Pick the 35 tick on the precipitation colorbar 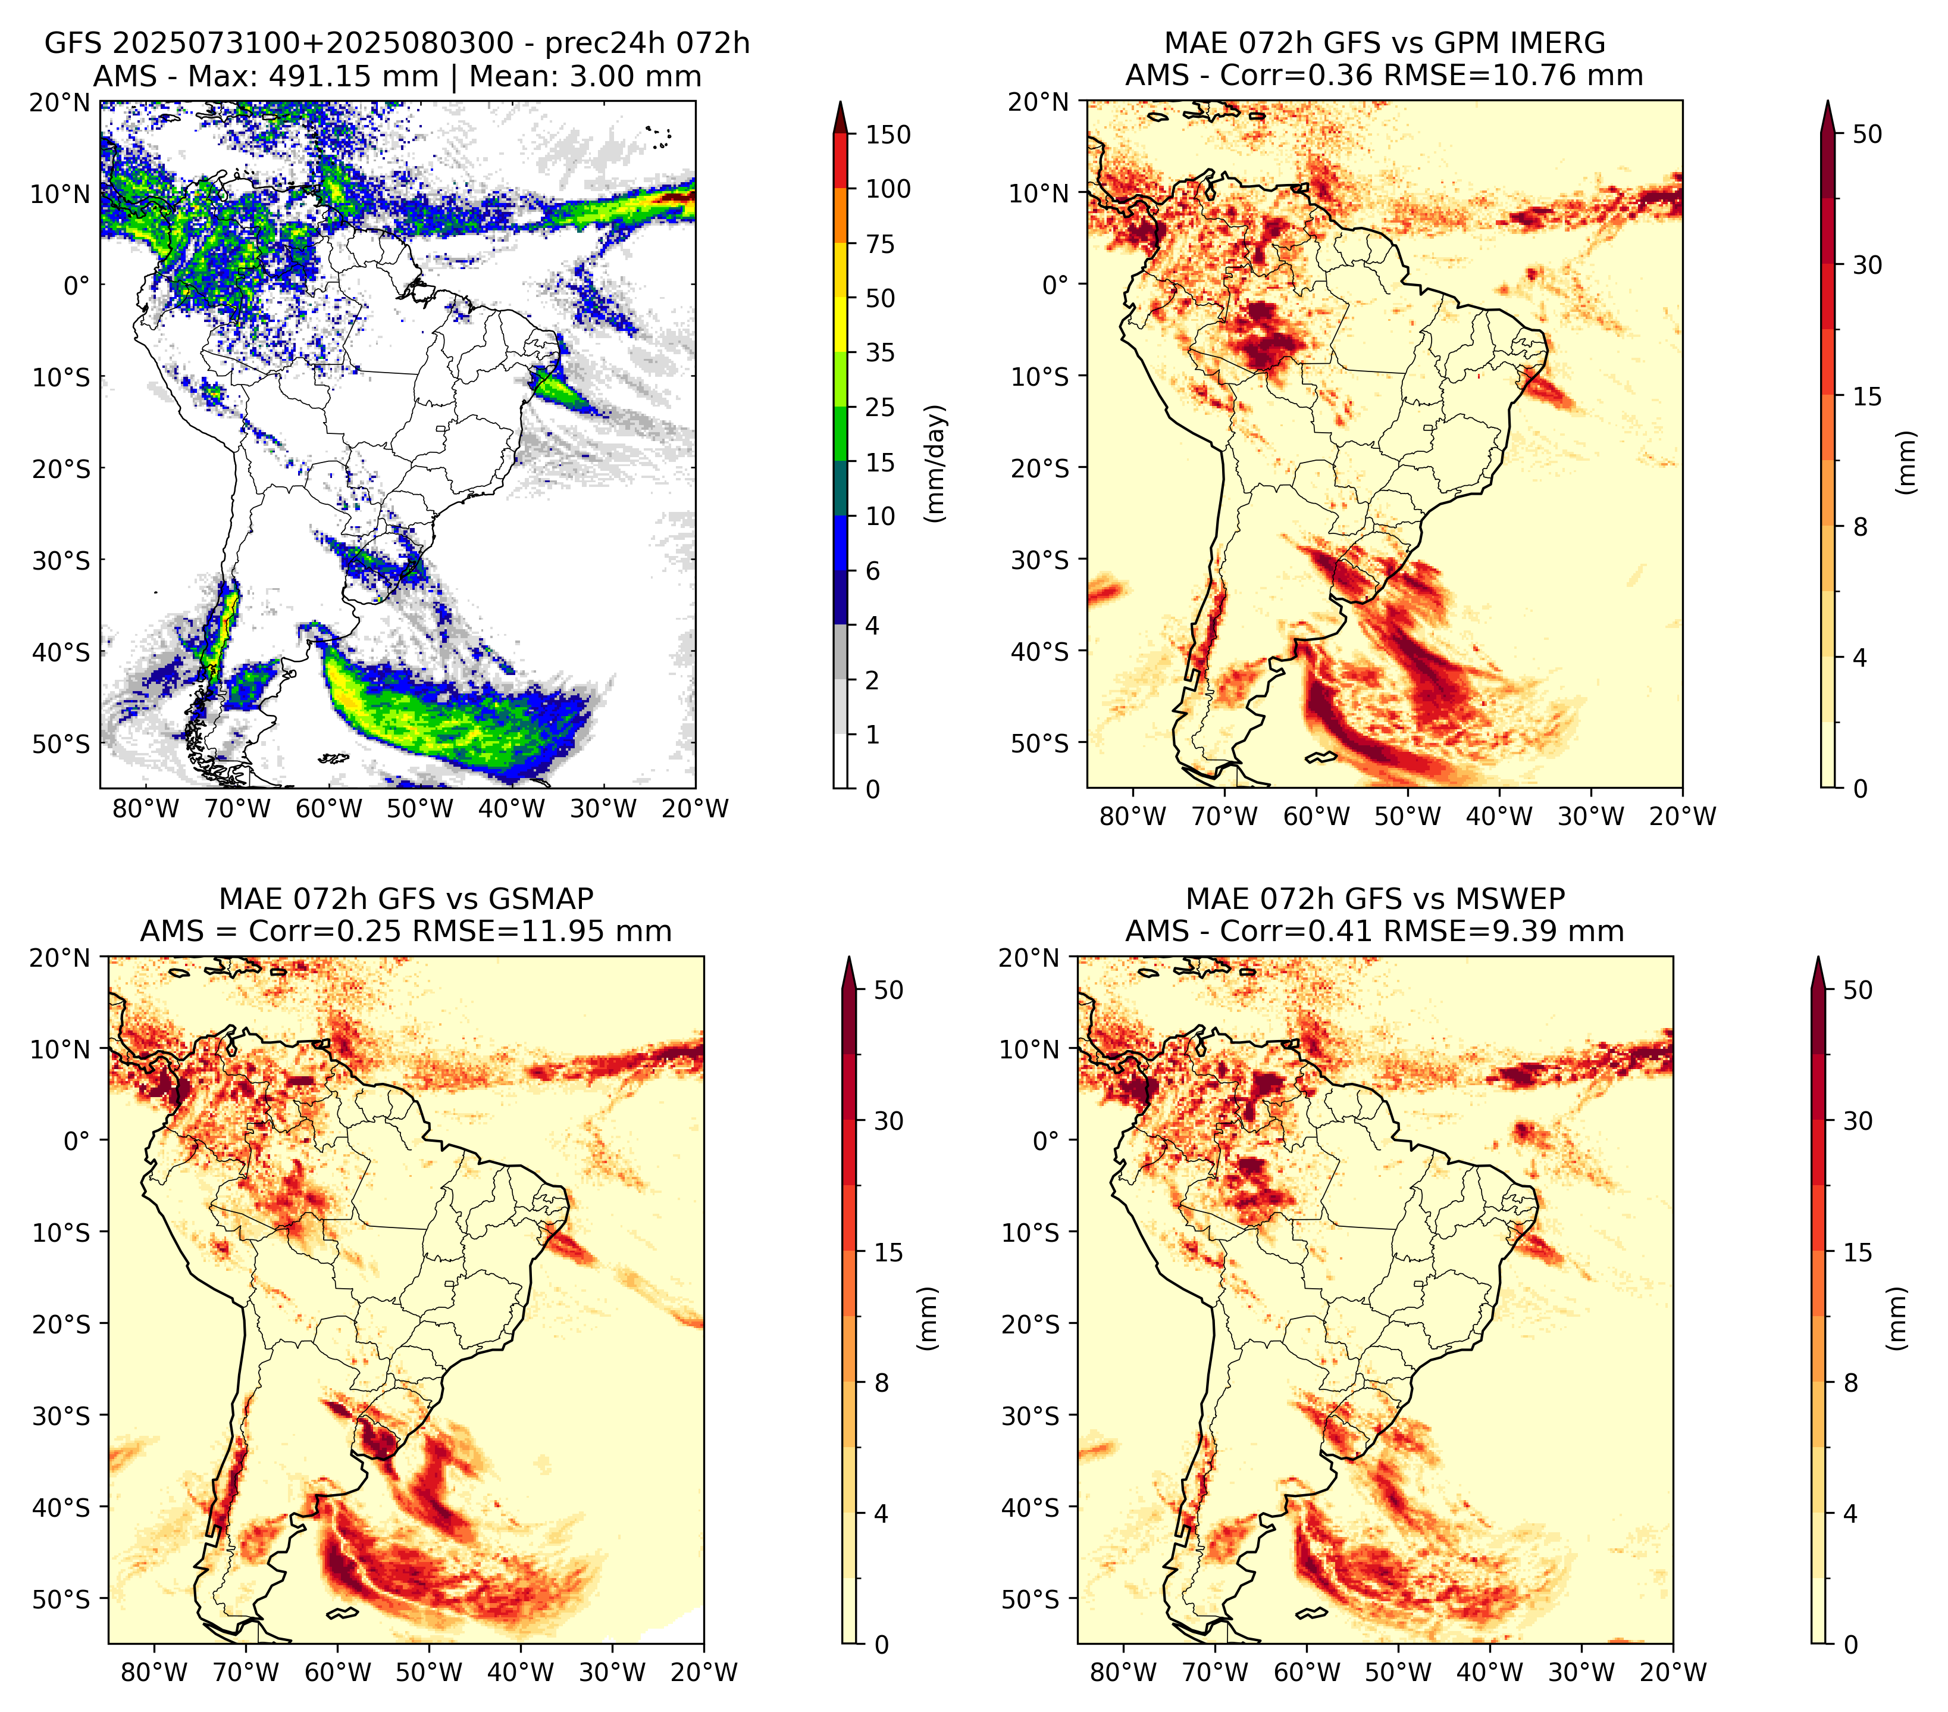coord(881,352)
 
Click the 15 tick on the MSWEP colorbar coord(1858,1252)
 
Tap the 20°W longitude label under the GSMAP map coord(704,1672)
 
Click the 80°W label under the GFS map coord(146,808)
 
